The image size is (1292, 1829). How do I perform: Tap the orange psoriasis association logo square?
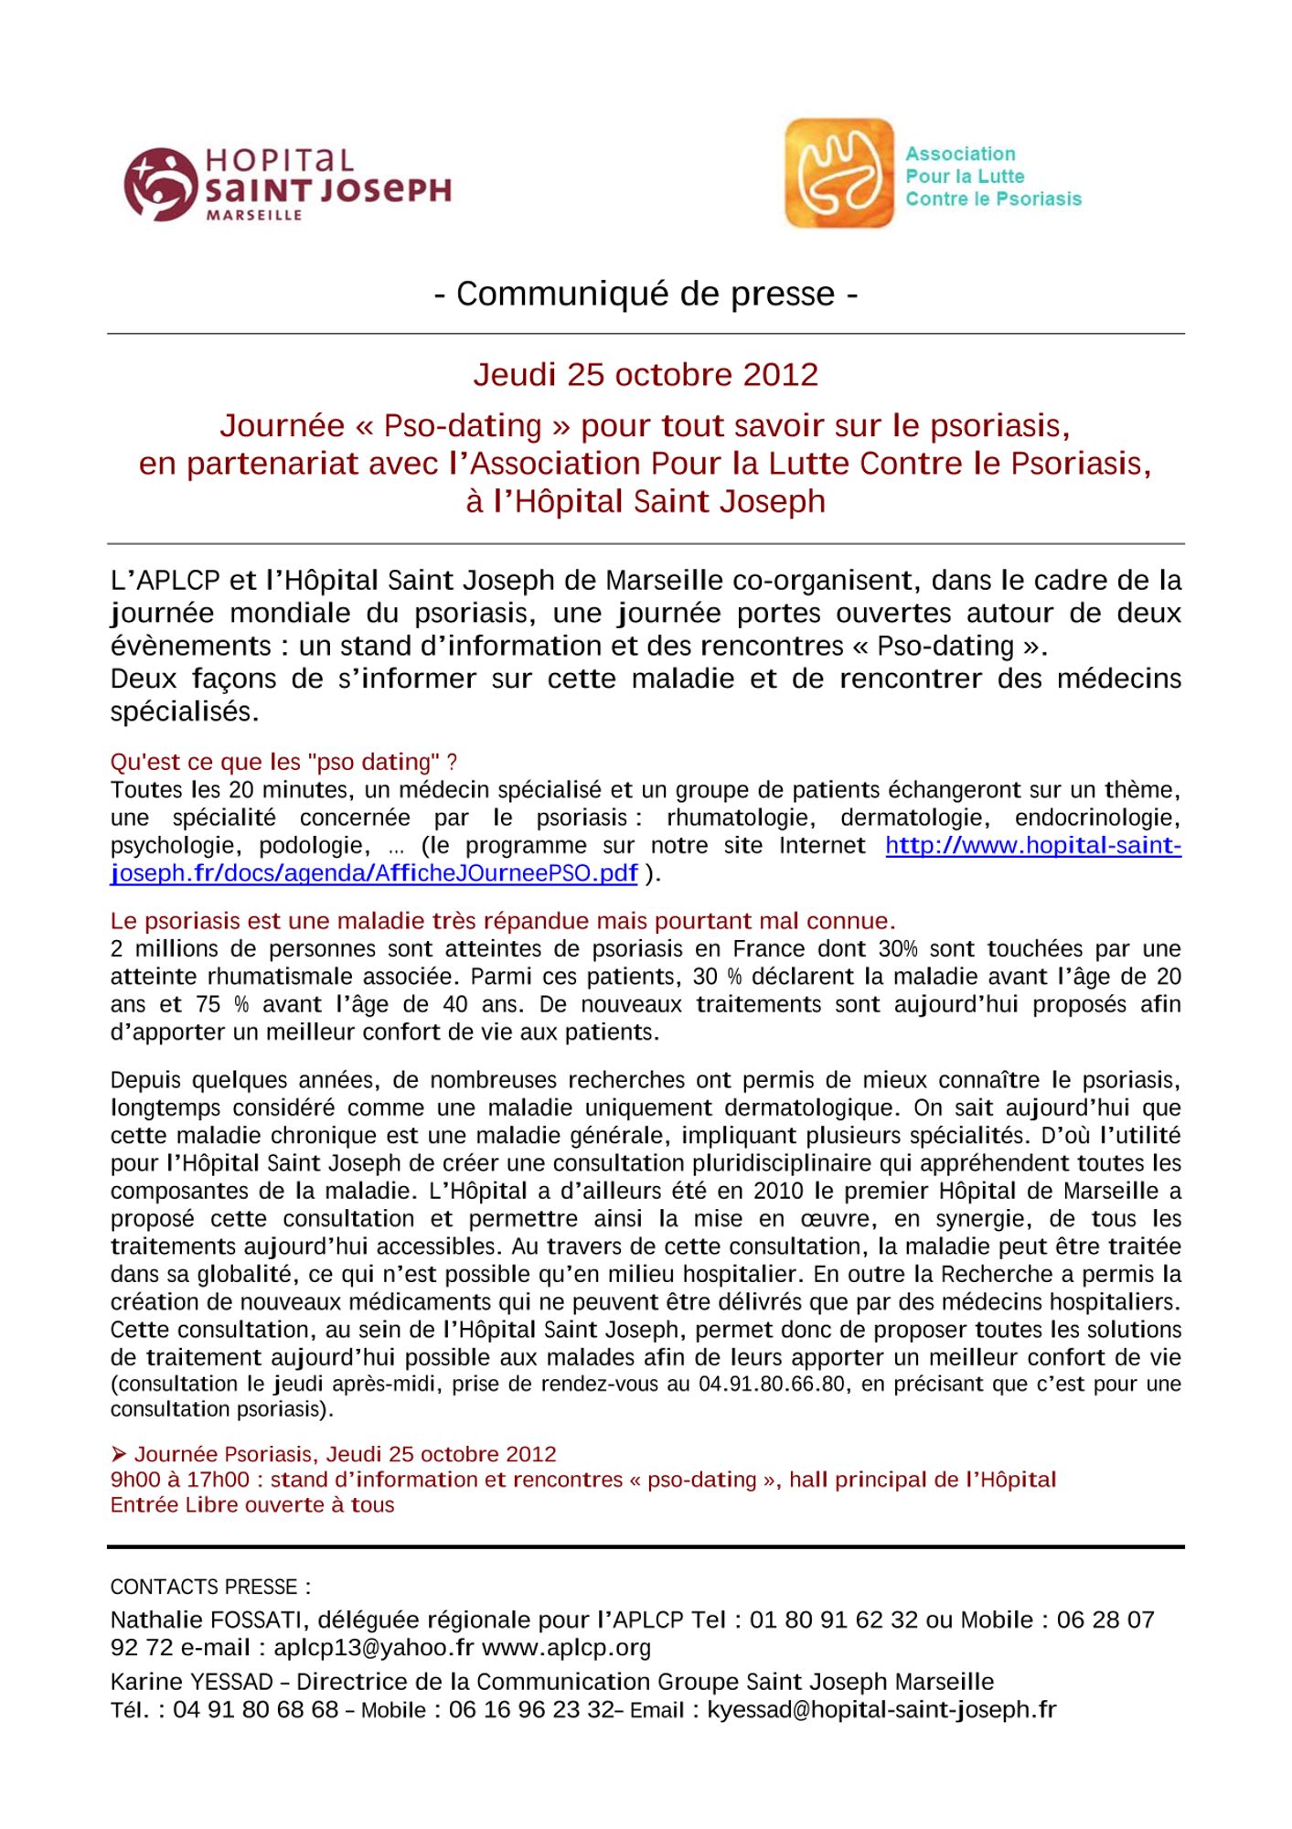[838, 173]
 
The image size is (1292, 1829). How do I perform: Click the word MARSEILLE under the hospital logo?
[254, 216]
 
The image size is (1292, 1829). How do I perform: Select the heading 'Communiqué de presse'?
[646, 294]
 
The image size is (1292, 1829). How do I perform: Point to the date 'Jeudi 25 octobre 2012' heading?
[646, 374]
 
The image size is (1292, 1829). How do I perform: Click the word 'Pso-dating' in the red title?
[463, 425]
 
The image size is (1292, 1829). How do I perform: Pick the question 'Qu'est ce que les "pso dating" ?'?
[283, 762]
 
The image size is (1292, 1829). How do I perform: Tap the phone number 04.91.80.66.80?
[772, 1384]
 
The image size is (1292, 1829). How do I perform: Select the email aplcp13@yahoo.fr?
[374, 1648]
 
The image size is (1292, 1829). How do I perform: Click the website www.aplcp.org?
[566, 1648]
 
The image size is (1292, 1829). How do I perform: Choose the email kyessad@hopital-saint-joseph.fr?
[881, 1709]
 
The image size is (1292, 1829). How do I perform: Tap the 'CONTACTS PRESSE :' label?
[210, 1587]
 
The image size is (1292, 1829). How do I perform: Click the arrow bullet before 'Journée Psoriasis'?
[118, 1454]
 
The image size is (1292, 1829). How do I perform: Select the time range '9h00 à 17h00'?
[179, 1480]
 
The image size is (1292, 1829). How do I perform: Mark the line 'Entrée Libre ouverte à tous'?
[252, 1505]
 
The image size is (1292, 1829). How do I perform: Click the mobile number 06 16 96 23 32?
[531, 1709]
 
